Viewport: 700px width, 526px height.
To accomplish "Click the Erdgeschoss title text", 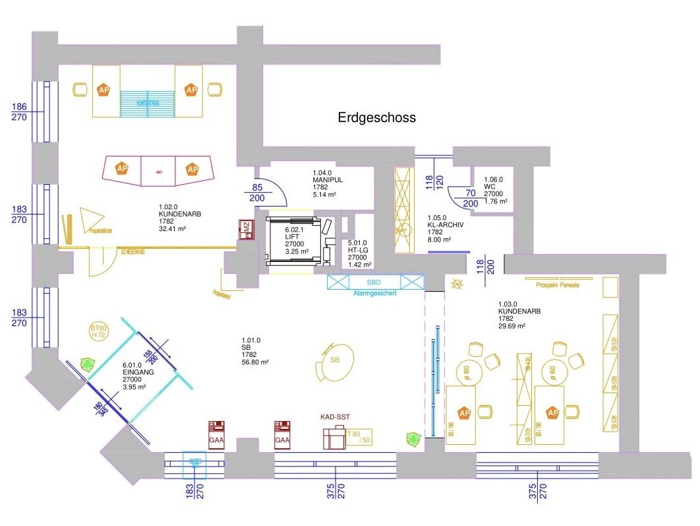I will (377, 118).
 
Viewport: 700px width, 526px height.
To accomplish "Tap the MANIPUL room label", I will (328, 180).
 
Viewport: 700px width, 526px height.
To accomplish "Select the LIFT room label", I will (292, 236).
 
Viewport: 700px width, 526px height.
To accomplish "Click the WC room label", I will (488, 187).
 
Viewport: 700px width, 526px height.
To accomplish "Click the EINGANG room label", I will (138, 372).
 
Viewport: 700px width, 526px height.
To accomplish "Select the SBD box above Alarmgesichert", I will (374, 282).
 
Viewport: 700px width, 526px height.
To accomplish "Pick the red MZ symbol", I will (245, 228).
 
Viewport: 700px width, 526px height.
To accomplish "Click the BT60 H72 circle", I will (98, 331).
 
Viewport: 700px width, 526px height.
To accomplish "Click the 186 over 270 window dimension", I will (19, 112).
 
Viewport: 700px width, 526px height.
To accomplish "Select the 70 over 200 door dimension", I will (469, 199).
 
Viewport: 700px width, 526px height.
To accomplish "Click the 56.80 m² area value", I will (255, 362).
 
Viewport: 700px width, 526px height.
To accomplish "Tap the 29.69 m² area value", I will (511, 326).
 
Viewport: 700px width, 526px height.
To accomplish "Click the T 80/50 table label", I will (357, 436).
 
